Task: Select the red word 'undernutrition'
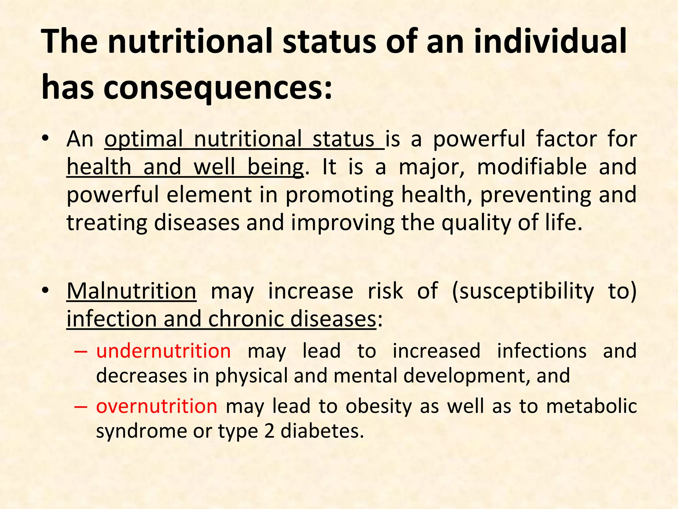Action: [x=164, y=351]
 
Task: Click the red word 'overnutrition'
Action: [x=157, y=406]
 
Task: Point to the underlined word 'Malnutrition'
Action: [x=131, y=291]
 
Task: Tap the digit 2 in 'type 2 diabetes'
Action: [x=269, y=431]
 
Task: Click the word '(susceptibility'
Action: [x=523, y=291]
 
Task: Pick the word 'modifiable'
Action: [x=532, y=167]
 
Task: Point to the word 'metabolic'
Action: [x=591, y=406]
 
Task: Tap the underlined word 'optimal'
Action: [x=144, y=139]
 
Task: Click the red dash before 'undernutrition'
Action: [x=81, y=352]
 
